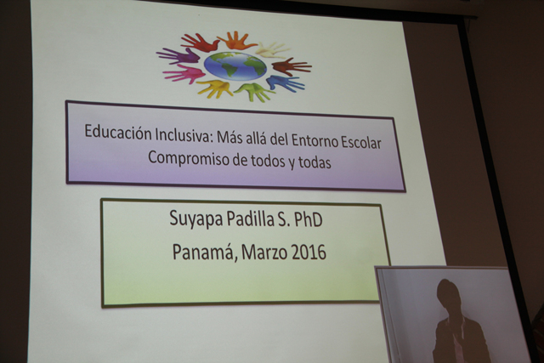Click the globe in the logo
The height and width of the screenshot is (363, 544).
[x=235, y=66]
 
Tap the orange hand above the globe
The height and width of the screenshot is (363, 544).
[x=237, y=40]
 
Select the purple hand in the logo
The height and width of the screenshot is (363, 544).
[x=178, y=56]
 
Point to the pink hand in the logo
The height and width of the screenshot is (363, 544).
[x=184, y=74]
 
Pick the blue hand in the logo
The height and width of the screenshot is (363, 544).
[x=286, y=83]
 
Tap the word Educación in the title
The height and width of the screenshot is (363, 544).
[x=118, y=133]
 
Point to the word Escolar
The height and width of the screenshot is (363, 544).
[x=361, y=142]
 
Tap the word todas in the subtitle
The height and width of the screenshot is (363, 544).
[x=314, y=162]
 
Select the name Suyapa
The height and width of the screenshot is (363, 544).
[x=195, y=219]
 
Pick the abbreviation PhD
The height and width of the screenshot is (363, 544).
[x=308, y=219]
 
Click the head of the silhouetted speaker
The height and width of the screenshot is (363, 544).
[x=449, y=294]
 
